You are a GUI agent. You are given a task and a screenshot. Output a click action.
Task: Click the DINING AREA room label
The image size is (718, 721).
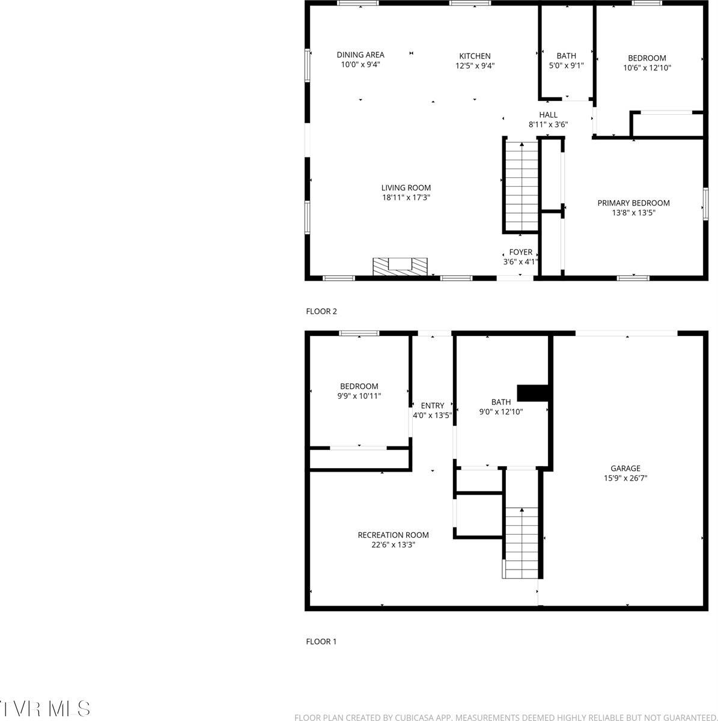pos(361,55)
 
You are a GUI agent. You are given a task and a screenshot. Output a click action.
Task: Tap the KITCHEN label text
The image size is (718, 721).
pos(475,56)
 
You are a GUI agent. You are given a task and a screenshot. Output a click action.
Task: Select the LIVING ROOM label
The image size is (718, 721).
pos(406,187)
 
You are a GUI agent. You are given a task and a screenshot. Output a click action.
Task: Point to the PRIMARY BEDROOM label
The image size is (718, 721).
pos(633,203)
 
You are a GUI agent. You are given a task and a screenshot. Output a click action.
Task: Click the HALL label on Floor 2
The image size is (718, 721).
pos(548,115)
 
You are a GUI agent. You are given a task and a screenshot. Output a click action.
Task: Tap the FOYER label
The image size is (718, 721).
pos(520,252)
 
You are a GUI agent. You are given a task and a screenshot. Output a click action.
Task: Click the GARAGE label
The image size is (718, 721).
pos(625,469)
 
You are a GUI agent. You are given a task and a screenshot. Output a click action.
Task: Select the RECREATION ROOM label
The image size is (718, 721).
pos(393,535)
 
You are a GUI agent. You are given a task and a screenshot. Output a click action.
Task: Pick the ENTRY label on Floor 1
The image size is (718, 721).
pos(433,406)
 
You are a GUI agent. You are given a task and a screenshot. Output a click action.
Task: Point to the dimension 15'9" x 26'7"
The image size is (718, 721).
pos(625,479)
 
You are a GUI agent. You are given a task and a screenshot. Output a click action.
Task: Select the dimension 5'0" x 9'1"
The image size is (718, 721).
pos(566,66)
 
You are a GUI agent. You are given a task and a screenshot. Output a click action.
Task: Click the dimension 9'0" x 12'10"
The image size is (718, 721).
pos(501,412)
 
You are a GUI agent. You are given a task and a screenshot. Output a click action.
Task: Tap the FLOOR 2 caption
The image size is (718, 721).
pos(322,311)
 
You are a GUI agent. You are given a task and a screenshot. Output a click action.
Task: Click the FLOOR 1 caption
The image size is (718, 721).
pos(321,642)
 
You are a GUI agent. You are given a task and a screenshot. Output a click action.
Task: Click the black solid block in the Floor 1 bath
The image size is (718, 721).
pos(534,392)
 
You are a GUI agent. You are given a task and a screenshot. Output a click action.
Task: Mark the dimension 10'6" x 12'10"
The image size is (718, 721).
pos(647,68)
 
